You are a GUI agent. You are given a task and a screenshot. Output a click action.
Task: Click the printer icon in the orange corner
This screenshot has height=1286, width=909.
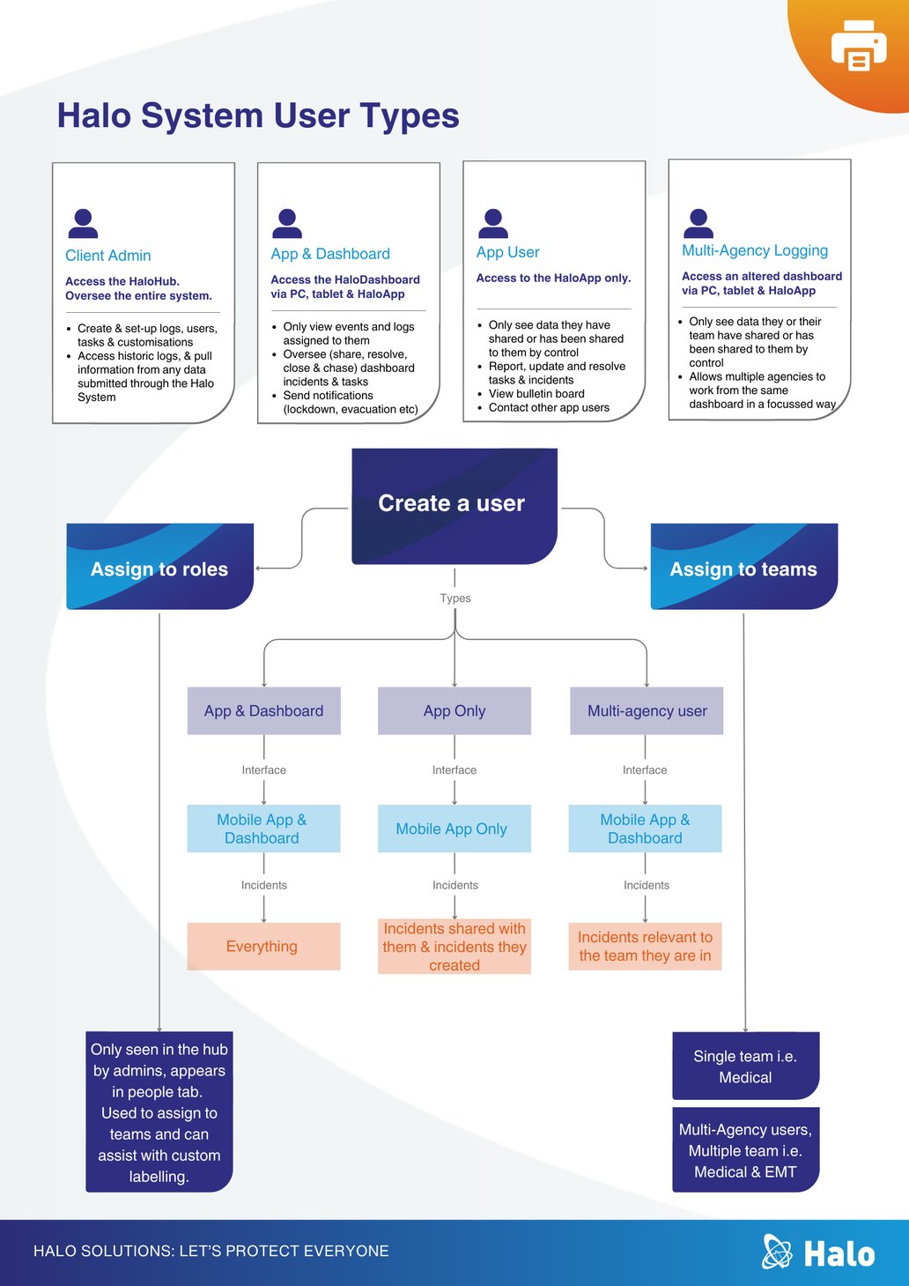point(859,45)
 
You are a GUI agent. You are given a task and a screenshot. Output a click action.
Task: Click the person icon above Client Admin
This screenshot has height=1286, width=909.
point(83,223)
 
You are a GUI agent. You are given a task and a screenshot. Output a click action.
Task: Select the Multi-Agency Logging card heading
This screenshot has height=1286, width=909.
point(755,251)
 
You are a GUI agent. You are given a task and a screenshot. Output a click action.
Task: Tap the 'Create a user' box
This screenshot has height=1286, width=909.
point(454,506)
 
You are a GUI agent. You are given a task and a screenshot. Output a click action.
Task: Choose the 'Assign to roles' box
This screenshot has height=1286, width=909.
point(160,566)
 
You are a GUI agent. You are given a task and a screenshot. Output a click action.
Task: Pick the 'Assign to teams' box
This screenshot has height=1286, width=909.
point(744,566)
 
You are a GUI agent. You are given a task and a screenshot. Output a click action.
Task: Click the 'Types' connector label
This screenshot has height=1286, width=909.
point(455,598)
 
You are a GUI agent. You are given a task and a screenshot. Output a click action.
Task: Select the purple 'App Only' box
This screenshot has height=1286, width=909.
point(454,710)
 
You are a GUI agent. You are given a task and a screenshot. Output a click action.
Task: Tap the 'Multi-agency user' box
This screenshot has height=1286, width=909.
point(647,710)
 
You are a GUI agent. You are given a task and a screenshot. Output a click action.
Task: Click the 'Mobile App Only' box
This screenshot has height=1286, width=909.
point(454,829)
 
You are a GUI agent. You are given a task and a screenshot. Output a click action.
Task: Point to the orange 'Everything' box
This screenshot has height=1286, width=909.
point(264,946)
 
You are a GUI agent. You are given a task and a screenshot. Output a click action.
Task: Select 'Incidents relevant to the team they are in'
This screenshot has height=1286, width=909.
point(645,946)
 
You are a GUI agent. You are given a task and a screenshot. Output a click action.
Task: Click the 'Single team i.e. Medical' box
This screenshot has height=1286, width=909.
point(745,1067)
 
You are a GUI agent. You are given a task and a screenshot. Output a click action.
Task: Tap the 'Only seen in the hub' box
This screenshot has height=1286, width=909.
point(159,1112)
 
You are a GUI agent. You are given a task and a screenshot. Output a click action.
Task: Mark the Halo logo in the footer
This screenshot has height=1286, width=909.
point(818,1252)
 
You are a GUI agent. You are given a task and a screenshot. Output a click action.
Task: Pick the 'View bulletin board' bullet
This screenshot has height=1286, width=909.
point(536,394)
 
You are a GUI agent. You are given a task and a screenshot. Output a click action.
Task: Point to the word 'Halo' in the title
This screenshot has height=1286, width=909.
point(94,115)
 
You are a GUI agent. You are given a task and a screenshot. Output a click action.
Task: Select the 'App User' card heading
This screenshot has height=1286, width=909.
point(508,253)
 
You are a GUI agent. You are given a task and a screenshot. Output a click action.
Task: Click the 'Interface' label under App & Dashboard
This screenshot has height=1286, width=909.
point(264,769)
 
